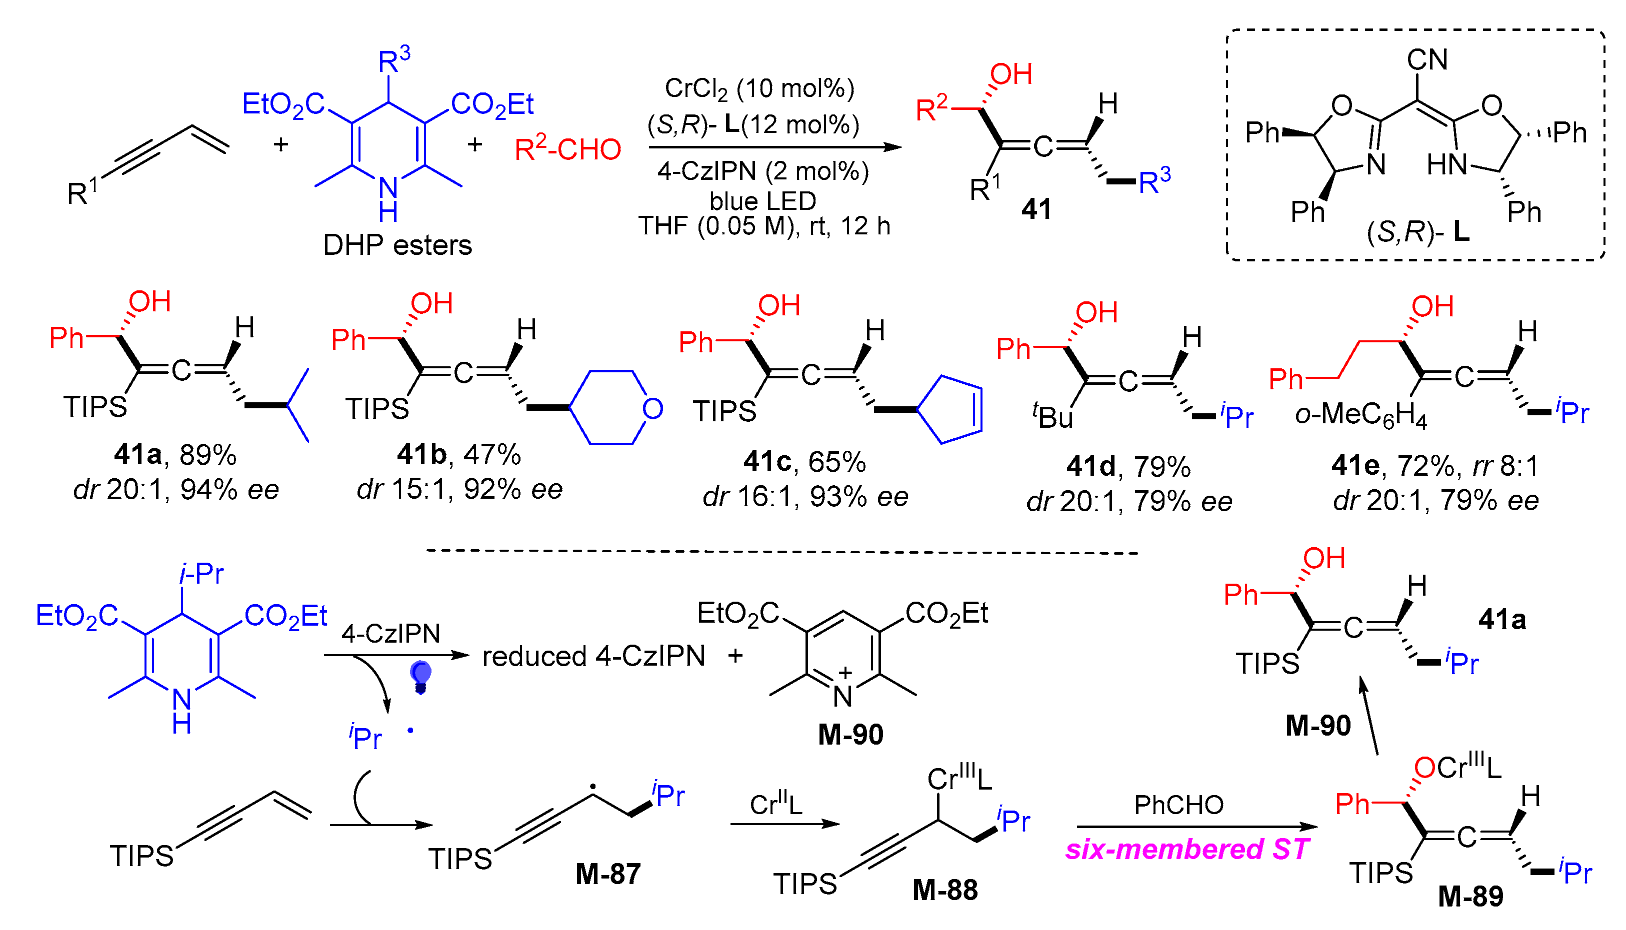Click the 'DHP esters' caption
tap(397, 245)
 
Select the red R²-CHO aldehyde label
tap(567, 149)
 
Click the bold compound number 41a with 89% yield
tap(137, 454)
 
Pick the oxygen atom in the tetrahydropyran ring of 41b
tap(652, 408)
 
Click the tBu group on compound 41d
tap(1053, 417)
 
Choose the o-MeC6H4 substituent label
tap(1360, 415)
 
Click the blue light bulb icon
tap(420, 676)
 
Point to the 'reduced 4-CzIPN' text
tap(593, 656)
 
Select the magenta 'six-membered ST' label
tap(1187, 850)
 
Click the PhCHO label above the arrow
tap(1179, 805)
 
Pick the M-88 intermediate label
tap(944, 890)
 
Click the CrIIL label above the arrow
tap(775, 804)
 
